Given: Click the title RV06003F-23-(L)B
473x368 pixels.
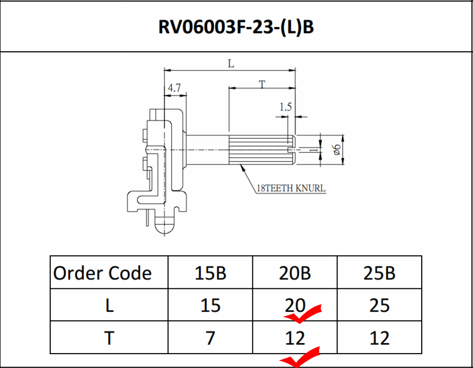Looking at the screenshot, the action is click(236, 27).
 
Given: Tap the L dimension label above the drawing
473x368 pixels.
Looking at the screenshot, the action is click(231, 64).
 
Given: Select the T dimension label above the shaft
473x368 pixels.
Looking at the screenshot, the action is click(262, 85).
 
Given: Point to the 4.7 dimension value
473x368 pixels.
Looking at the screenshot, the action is click(174, 88).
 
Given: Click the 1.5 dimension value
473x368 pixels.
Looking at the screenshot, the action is click(286, 107).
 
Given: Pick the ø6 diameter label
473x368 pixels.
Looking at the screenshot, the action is click(337, 149).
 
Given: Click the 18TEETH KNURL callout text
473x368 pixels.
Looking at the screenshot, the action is click(291, 188).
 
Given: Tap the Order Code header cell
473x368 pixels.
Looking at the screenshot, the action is click(102, 273).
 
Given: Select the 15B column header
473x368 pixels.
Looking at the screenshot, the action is click(210, 273).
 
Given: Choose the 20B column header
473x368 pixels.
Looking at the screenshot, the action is click(295, 273).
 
